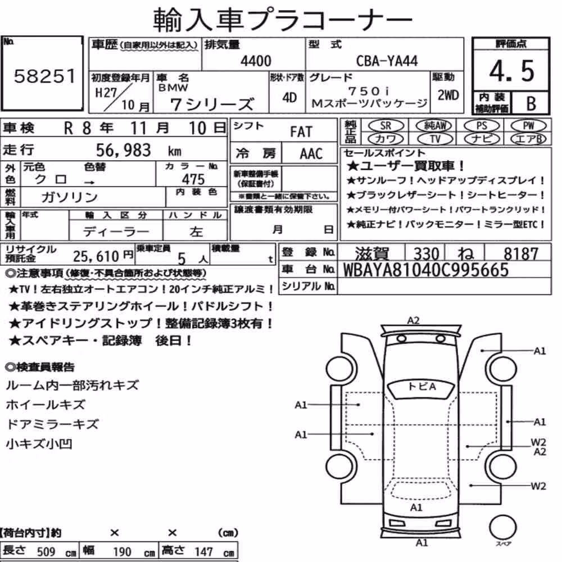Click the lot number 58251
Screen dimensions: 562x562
(45, 76)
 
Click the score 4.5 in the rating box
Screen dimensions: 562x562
(511, 71)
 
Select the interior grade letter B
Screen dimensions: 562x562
(531, 103)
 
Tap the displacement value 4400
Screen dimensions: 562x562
(256, 61)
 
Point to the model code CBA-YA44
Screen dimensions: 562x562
(387, 61)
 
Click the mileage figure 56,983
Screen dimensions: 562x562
(123, 150)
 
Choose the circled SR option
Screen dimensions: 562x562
(386, 126)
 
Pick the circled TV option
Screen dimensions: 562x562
(435, 139)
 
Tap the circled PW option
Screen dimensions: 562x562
(528, 126)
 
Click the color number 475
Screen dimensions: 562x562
(193, 179)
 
